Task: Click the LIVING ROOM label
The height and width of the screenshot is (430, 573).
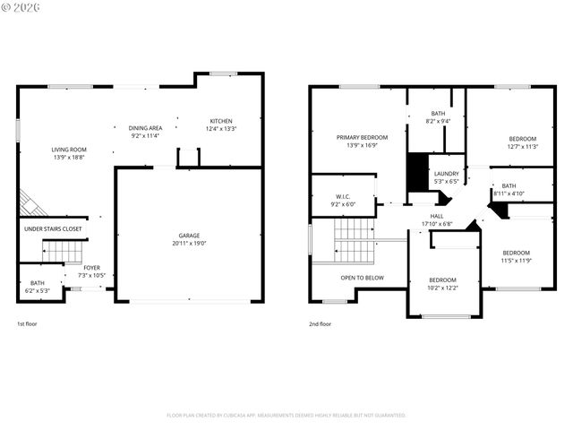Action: [68, 150]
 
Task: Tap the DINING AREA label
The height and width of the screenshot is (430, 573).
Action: [146, 127]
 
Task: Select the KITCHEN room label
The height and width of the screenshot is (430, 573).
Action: [221, 121]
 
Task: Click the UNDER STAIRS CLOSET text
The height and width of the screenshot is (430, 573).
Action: [52, 228]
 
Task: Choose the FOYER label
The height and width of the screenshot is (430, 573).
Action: [92, 267]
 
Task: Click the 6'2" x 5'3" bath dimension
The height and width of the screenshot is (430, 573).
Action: [37, 289]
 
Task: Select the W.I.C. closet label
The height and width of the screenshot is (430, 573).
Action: [343, 195]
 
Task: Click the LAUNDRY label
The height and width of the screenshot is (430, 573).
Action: [446, 174]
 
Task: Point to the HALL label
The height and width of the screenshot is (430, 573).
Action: [437, 215]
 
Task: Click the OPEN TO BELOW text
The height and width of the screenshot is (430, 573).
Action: [362, 278]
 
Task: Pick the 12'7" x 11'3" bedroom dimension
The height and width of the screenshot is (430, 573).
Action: [523, 146]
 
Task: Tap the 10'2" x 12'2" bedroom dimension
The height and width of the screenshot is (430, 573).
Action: [442, 288]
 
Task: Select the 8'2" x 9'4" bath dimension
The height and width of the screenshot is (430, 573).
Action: [438, 121]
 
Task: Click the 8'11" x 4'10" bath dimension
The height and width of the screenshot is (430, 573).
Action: [509, 193]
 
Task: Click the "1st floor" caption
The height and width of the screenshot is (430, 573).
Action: [27, 323]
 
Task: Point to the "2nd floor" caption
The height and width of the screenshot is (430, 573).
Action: [320, 323]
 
